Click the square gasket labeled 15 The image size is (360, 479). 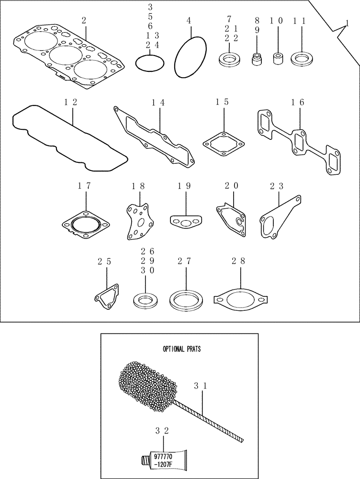(x=224, y=142)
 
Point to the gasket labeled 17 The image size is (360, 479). (x=86, y=223)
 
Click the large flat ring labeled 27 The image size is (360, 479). (x=184, y=300)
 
